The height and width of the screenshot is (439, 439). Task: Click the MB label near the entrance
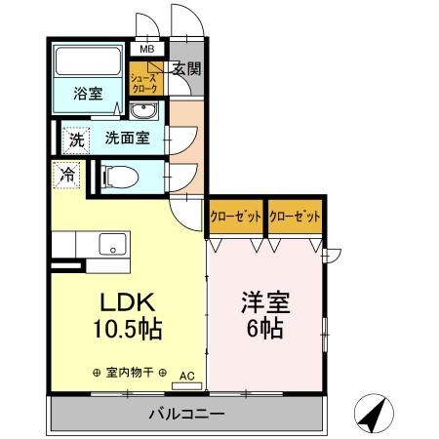point(147,49)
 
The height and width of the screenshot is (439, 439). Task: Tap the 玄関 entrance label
point(186,68)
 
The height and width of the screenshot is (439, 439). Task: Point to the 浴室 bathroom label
point(89,94)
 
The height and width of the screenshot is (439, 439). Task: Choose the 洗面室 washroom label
point(127,138)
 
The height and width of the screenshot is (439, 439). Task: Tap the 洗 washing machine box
point(76,139)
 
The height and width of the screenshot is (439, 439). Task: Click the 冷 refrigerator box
point(66,176)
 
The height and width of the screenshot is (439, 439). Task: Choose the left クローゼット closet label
point(235,217)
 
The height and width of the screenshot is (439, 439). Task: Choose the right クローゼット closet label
point(295,217)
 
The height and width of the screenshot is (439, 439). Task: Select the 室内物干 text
point(129,372)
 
